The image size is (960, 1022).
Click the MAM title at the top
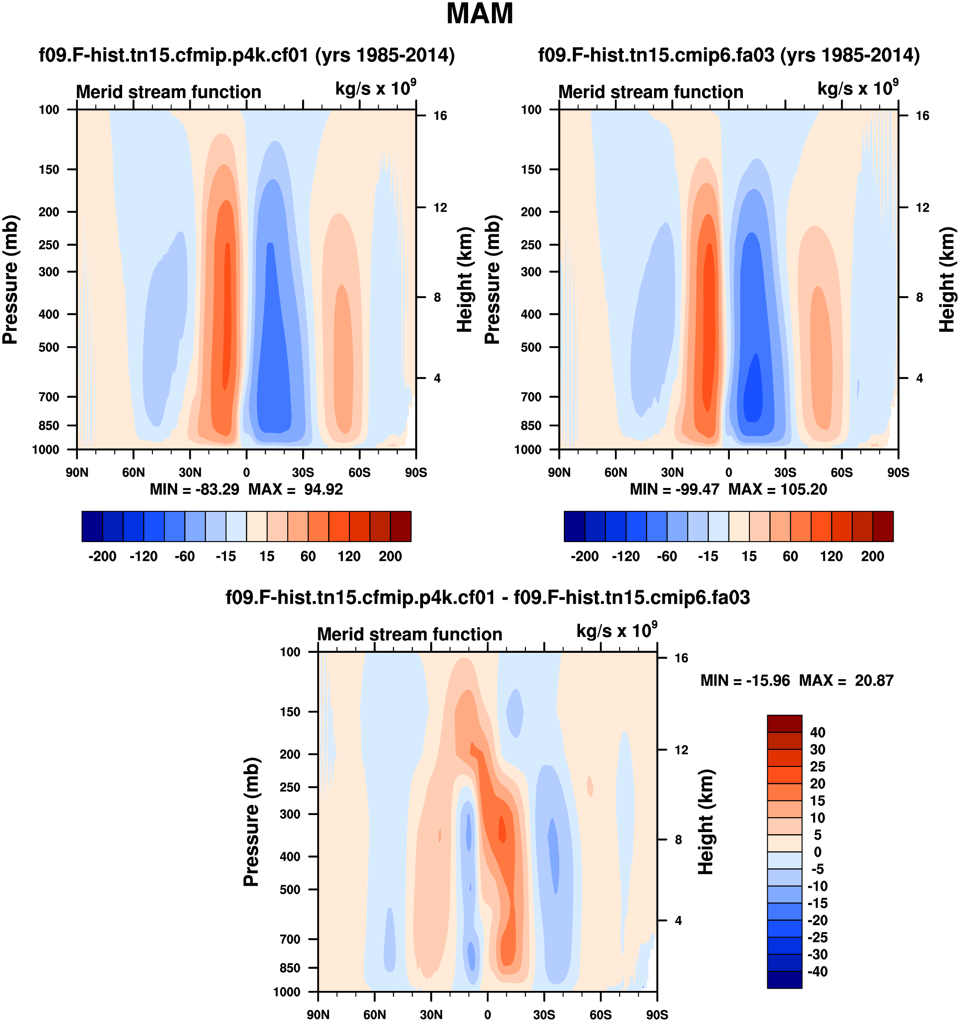479,14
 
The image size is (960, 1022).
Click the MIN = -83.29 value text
194,489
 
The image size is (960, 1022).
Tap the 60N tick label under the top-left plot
134,472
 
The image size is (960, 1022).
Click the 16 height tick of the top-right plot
923,116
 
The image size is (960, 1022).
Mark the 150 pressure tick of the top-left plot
49,169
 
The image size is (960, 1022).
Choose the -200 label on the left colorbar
102,556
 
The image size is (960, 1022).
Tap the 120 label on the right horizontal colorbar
831,556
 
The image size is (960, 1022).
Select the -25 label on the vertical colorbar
817,937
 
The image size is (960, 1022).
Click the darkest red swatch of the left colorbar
401,526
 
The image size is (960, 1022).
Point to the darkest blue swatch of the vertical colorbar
784,979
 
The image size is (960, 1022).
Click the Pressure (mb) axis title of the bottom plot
251,821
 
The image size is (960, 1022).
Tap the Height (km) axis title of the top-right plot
947,279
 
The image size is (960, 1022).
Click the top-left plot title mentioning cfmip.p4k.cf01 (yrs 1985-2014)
246,55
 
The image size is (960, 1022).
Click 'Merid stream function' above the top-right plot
651,92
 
